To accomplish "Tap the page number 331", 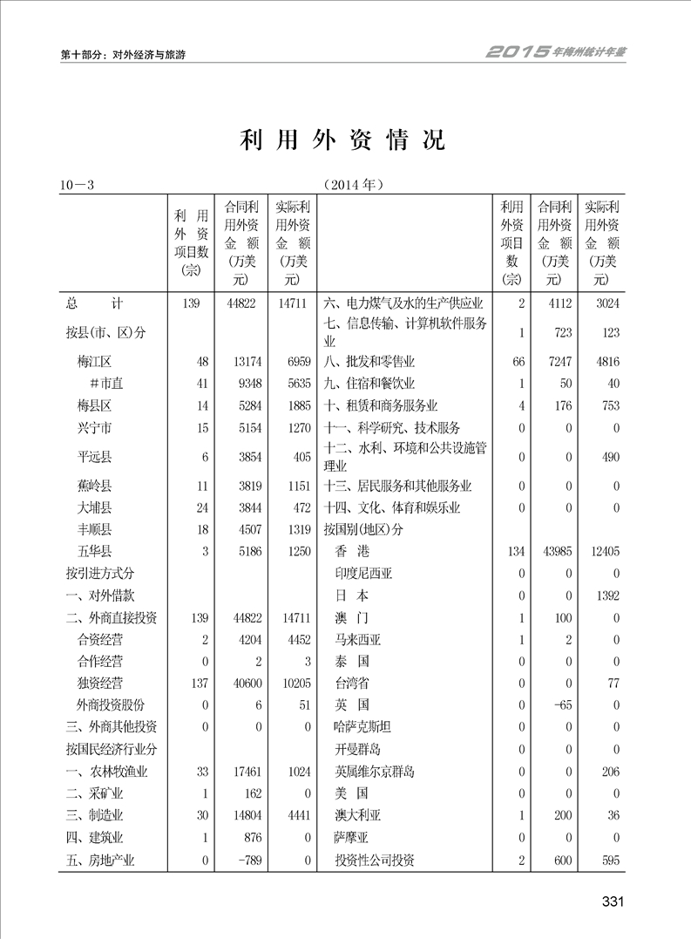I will [613, 902].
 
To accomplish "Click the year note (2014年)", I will [353, 185].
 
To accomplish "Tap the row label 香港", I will [352, 551].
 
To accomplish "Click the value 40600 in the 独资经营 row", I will [241, 682].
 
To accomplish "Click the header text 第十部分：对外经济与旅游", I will [123, 54].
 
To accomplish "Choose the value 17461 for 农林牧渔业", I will [241, 772].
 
